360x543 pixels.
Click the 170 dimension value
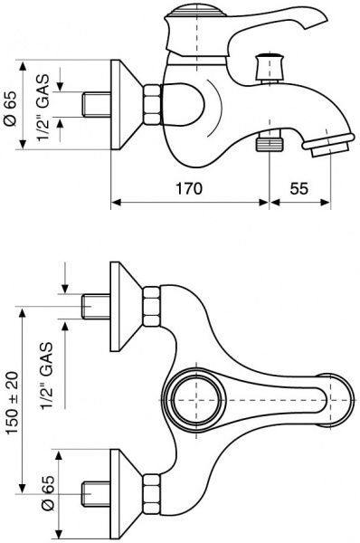point(189,189)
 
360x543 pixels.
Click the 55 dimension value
point(298,189)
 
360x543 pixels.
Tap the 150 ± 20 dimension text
point(13,403)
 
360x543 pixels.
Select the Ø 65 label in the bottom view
point(48,493)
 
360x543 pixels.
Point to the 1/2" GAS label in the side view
point(43,108)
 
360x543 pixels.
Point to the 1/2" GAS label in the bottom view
point(46,376)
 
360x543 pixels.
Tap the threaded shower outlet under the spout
point(270,140)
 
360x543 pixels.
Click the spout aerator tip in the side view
point(328,146)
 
